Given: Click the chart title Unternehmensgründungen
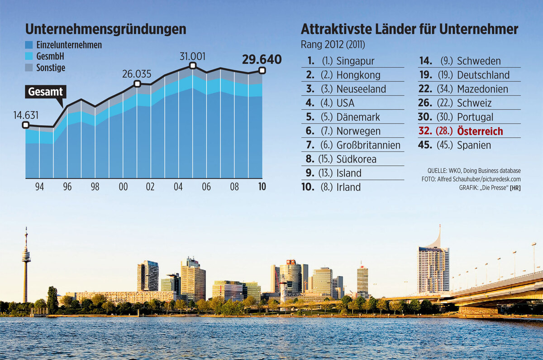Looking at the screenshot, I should pos(105,29).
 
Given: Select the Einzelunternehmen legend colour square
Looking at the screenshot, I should pos(29,45).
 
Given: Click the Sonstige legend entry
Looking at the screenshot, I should pos(51,68).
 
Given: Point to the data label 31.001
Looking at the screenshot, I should pos(192,57).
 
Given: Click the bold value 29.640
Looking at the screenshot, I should pos(262,59).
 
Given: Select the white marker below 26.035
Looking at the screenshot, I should pos(137,84).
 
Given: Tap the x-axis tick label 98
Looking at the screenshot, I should pos(95,187).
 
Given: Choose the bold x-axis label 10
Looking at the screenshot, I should pos(262,187).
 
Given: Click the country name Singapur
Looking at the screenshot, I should pos(355,61).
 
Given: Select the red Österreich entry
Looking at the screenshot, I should pos(480,131).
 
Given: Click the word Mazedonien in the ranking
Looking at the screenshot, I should pos(482,89).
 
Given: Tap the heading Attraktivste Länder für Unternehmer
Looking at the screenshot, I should pos(409,29).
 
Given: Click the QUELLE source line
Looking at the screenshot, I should pos(474,171).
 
